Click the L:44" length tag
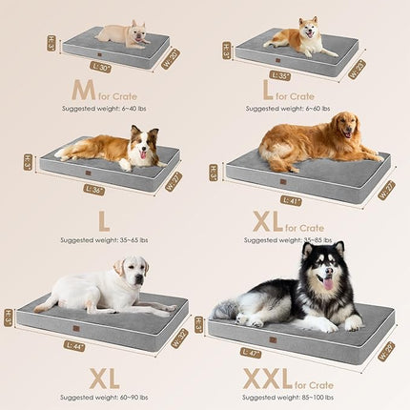click(74, 345)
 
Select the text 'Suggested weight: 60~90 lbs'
click(104, 396)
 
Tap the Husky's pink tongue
click(328, 283)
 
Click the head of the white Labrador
click(133, 271)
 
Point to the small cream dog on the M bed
click(125, 35)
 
